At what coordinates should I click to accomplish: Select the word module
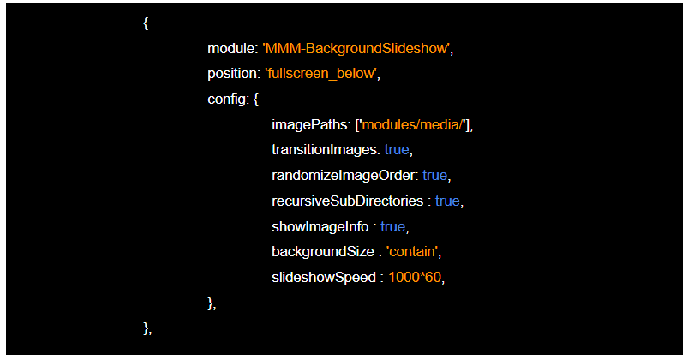click(231, 48)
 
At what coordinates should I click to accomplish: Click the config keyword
click(227, 99)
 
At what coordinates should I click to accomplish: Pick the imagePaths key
click(310, 125)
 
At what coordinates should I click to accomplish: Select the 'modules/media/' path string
click(415, 125)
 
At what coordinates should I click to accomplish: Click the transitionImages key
click(324, 150)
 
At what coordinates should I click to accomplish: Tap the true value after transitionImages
click(396, 150)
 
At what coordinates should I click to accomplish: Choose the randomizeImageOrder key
click(344, 176)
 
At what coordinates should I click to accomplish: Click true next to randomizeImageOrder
click(434, 176)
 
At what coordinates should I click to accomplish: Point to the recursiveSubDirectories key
click(348, 201)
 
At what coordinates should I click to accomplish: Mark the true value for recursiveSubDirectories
click(447, 201)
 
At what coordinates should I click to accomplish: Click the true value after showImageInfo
click(392, 227)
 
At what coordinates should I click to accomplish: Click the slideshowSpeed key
click(323, 278)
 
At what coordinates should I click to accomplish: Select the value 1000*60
click(416, 278)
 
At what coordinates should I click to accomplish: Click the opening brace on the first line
click(147, 23)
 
